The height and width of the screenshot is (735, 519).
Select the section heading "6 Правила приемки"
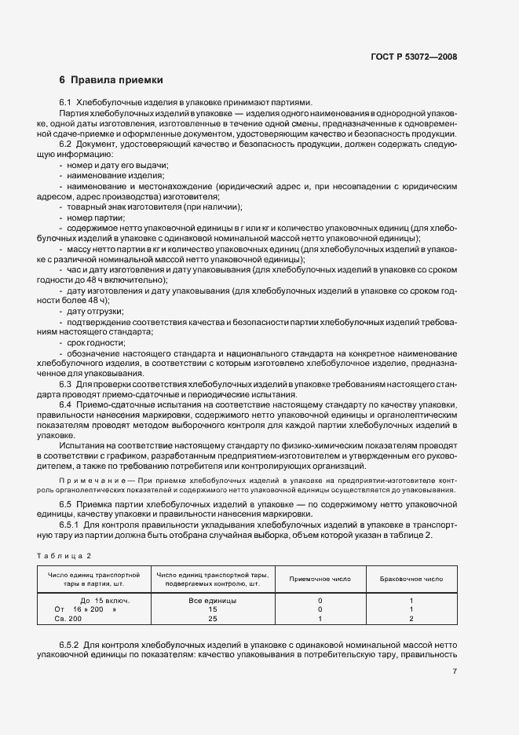pyautogui.click(x=111, y=80)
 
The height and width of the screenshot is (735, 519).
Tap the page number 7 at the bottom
pyautogui.click(x=455, y=671)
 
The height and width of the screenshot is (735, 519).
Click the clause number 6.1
pyautogui.click(x=66, y=103)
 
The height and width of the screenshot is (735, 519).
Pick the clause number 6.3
pyautogui.click(x=66, y=384)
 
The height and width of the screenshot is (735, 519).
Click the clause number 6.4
pyautogui.click(x=66, y=404)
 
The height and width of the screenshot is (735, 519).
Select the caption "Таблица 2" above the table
pyautogui.click(x=66, y=556)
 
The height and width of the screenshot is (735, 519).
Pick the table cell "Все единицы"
pyautogui.click(x=213, y=600)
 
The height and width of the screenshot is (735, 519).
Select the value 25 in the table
pyautogui.click(x=213, y=619)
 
